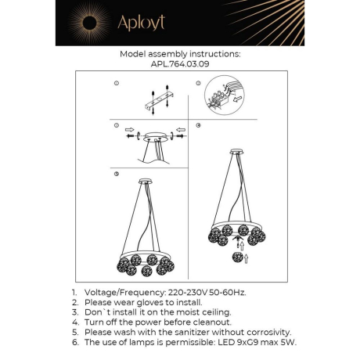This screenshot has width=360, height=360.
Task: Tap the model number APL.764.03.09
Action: [179, 65]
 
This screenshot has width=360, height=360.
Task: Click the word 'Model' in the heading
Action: [135, 55]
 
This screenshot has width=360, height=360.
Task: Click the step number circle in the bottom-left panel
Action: [116, 172]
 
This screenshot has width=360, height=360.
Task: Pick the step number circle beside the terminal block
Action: [199, 82]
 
